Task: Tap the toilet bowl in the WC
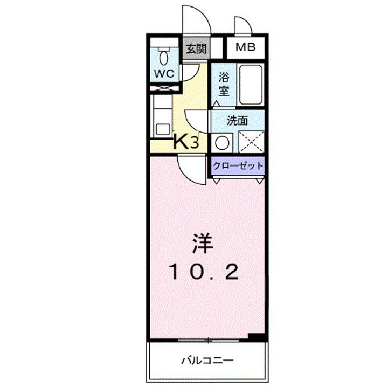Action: (164, 55)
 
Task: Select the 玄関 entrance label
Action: (196, 49)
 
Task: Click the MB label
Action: (245, 47)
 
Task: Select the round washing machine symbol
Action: (221, 142)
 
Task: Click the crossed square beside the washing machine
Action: (251, 142)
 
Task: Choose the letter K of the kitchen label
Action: (181, 142)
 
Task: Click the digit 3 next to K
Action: (195, 143)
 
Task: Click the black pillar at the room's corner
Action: (258, 337)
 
